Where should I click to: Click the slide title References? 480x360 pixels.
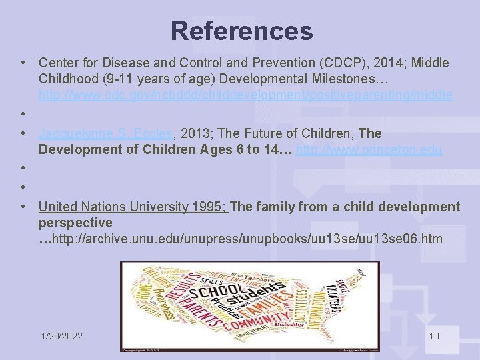241,31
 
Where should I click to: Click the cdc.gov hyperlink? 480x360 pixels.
245,95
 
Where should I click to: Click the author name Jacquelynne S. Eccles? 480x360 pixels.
105,133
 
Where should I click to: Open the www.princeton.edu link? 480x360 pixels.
369,149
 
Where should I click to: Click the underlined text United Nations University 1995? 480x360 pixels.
133,207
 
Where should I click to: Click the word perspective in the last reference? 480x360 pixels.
75,223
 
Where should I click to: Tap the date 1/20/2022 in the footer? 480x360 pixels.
61,336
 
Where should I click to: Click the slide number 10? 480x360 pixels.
434,336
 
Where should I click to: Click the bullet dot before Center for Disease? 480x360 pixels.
23,63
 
